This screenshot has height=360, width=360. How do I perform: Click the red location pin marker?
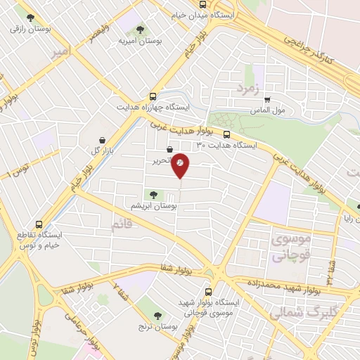coord(180,164)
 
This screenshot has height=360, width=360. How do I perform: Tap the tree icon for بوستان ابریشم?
coord(153,194)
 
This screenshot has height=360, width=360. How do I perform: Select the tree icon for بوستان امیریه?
coord(140,30)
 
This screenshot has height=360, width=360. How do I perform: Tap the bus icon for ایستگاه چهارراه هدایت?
coord(153,96)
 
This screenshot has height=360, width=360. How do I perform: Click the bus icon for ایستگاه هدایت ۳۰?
coord(226,134)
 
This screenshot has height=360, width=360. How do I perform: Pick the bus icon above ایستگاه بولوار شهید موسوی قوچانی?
coord(208,291)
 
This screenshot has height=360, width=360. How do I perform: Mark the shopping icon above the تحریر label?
coord(169,149)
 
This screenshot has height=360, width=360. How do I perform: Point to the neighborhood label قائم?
coord(122,225)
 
